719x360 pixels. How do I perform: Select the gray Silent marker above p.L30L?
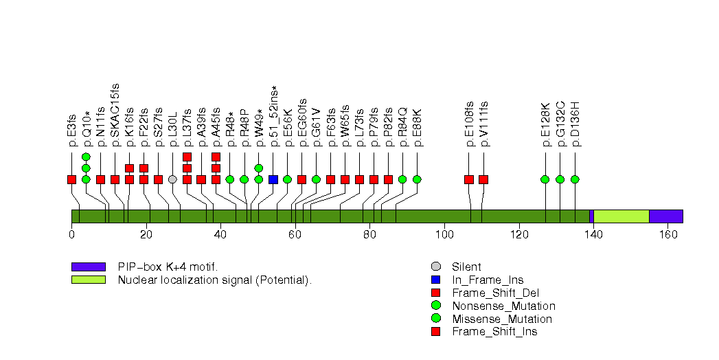172,179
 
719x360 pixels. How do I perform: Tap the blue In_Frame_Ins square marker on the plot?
273,179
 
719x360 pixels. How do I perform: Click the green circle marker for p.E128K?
545,179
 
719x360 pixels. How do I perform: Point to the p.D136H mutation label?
575,124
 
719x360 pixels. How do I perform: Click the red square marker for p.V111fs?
483,179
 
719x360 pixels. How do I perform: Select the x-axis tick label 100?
444,234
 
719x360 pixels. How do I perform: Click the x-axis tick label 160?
667,234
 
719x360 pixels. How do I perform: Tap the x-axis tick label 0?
71,234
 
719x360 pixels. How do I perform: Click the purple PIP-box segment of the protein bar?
665,216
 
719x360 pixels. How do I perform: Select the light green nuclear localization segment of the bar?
621,216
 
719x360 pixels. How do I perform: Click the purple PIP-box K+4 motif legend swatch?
89,267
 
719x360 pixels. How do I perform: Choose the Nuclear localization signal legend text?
215,280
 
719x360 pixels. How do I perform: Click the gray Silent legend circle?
435,267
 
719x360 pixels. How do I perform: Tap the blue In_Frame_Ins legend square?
435,280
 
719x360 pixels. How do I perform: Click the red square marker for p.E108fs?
469,179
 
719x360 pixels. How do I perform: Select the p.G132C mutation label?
560,124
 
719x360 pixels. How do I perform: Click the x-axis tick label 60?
295,234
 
